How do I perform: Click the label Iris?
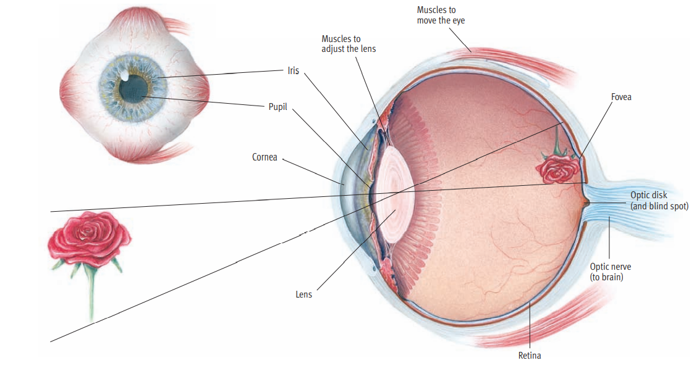(293, 70)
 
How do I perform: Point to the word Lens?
(303, 294)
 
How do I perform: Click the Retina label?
(530, 356)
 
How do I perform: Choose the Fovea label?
(621, 97)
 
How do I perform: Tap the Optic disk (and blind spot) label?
(659, 201)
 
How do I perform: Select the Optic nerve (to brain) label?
(610, 272)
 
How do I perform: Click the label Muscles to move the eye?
(441, 15)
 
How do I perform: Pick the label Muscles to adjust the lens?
(349, 44)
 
